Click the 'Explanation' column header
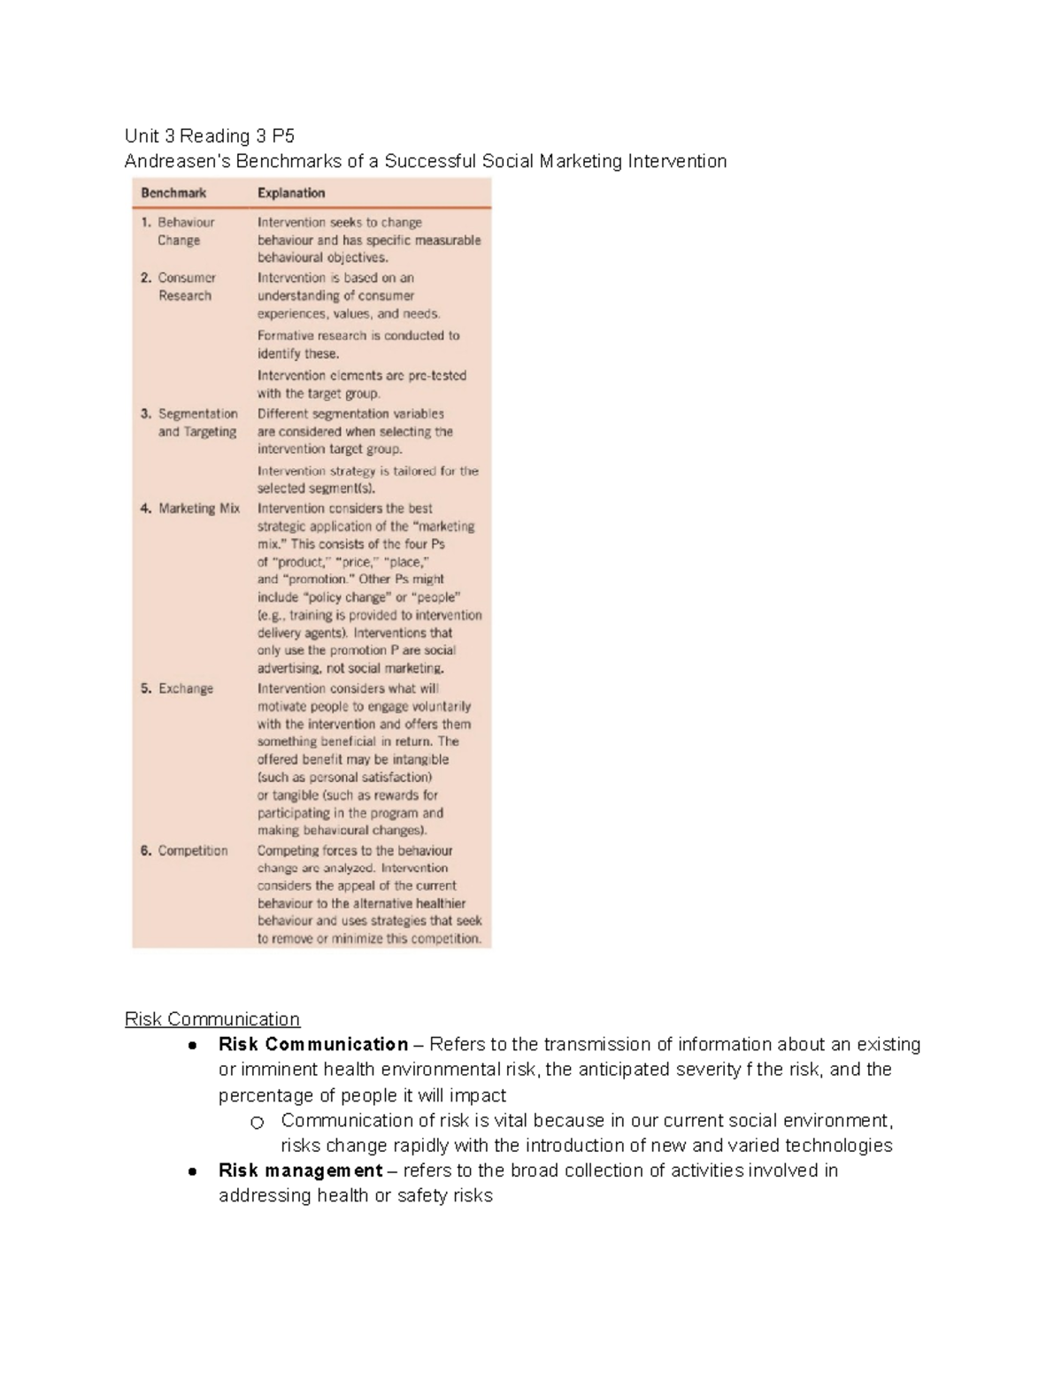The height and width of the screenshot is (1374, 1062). tap(291, 193)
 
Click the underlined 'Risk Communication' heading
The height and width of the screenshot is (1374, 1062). tap(212, 1019)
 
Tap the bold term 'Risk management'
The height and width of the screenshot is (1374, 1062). tap(300, 1171)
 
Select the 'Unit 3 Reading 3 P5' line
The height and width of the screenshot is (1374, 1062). tap(210, 135)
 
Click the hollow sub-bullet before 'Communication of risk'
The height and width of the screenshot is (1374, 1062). tap(257, 1123)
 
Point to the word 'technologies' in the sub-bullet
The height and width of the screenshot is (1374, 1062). tap(838, 1146)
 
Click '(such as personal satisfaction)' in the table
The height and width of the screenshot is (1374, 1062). tap(344, 777)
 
